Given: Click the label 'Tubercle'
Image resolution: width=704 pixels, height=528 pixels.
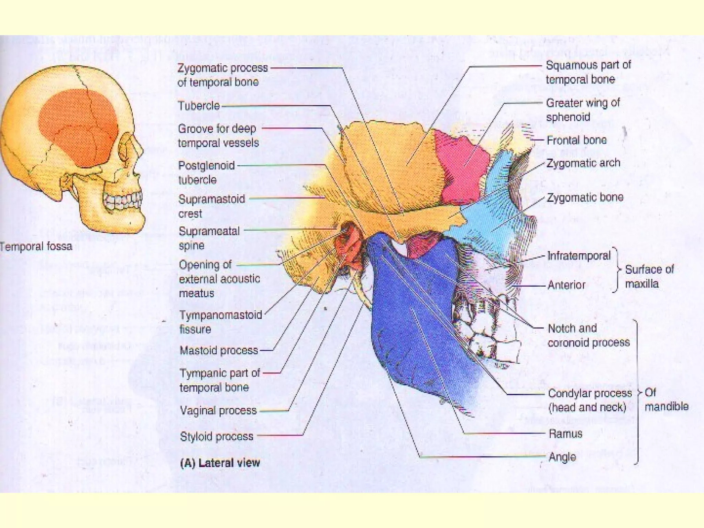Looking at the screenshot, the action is coord(198,106).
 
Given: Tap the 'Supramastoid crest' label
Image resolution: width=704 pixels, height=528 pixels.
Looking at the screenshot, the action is coord(211,206).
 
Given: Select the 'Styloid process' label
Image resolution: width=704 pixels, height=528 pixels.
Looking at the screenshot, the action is coord(217,437).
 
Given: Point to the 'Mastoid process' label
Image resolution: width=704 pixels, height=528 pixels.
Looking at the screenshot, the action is coord(219,351).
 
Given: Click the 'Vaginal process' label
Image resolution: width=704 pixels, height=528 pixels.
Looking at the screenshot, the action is coord(218,410).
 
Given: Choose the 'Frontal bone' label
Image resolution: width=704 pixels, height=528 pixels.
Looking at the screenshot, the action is coord(576,140).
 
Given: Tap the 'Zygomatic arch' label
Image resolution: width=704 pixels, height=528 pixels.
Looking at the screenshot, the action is coord(583,163).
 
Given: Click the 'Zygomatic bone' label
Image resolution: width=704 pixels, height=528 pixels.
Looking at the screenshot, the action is coord(585,197).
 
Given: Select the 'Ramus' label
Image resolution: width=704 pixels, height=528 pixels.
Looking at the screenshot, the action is coord(565,434).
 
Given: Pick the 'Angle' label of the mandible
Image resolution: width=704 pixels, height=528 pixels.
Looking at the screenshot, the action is coord(562,457).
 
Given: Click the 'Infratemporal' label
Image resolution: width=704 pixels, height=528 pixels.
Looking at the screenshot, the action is coord(579,256).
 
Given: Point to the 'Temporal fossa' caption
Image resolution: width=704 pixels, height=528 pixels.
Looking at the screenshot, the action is coord(36,246).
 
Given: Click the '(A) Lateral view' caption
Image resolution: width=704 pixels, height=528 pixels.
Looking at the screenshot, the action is coord(220,463).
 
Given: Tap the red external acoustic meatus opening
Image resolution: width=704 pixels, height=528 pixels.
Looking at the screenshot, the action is coord(351,241).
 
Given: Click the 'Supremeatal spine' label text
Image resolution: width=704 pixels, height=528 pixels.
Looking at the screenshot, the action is coord(209,238).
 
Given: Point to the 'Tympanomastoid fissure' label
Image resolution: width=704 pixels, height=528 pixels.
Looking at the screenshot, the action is coord(220,322).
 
